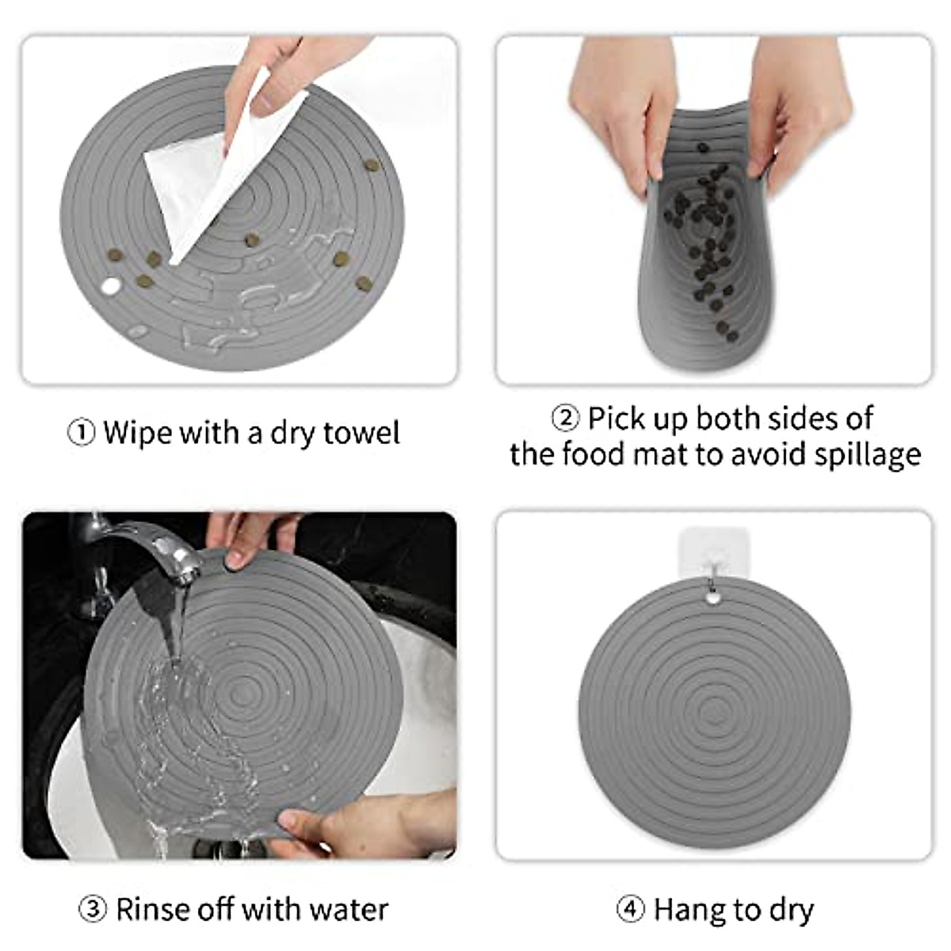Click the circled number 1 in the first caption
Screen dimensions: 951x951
pos(81,433)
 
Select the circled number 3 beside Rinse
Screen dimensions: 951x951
pos(93,909)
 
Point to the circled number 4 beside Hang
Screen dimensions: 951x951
pos(630,909)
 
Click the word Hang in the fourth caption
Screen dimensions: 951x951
pos(686,909)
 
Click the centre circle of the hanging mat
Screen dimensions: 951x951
pos(714,706)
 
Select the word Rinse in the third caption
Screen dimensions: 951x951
pos(151,909)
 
